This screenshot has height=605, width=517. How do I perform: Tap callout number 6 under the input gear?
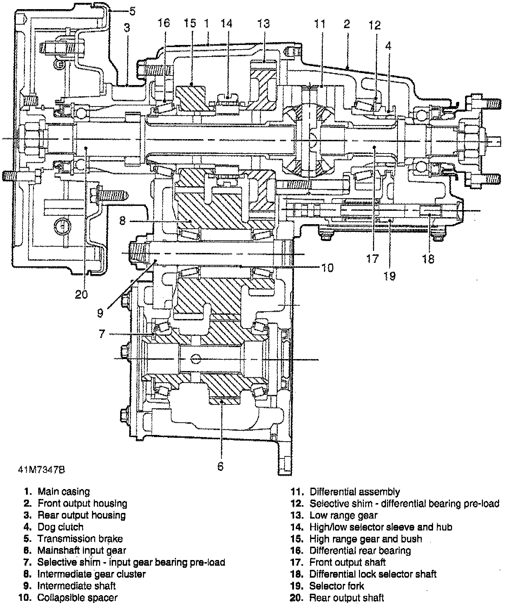(220, 466)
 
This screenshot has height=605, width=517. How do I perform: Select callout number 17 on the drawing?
(372, 259)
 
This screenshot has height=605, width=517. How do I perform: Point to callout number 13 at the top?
(263, 24)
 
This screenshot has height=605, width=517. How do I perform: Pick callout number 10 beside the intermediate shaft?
(327, 268)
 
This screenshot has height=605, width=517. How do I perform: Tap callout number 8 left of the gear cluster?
(122, 221)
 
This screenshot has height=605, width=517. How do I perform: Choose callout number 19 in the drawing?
(390, 276)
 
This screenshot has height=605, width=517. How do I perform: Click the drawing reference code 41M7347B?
(41, 469)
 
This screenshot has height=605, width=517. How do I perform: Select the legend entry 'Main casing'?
(64, 492)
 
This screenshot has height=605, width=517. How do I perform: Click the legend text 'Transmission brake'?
(80, 539)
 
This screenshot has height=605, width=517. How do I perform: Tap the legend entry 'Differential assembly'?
(355, 492)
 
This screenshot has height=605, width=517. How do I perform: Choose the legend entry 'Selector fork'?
(336, 586)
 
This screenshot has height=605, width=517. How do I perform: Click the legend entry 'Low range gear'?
(343, 515)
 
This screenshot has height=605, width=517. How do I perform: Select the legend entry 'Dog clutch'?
(60, 527)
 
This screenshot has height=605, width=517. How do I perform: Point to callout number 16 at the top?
(163, 24)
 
